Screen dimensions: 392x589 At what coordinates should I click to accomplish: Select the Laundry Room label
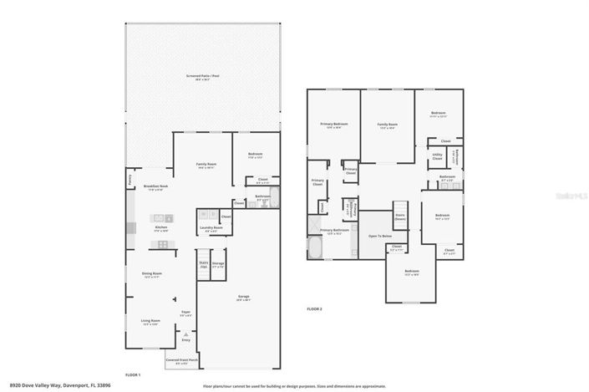(211, 228)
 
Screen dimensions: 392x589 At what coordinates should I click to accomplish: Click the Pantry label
(130, 177)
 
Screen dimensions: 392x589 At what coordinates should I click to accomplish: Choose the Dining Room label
(152, 274)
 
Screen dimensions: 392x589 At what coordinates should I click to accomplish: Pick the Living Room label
(150, 321)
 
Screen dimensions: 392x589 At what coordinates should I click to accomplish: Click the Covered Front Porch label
(182, 361)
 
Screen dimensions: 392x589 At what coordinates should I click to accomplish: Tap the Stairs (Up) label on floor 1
(203, 264)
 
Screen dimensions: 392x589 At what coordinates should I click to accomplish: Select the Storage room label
(218, 264)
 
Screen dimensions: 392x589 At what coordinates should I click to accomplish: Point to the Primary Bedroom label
(334, 125)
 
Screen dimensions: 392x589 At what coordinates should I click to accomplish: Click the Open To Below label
(380, 237)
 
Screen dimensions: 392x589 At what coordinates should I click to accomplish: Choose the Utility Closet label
(437, 155)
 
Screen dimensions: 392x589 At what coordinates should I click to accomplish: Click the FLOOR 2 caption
(314, 309)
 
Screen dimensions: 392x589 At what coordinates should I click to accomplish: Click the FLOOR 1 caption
(133, 375)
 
